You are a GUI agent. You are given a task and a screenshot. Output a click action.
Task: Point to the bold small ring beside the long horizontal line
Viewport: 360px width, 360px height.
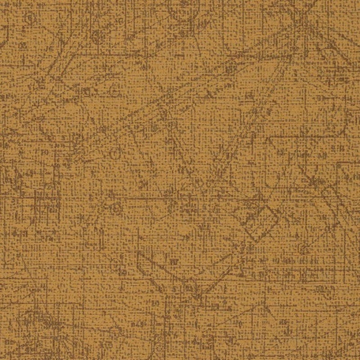click(116, 208)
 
